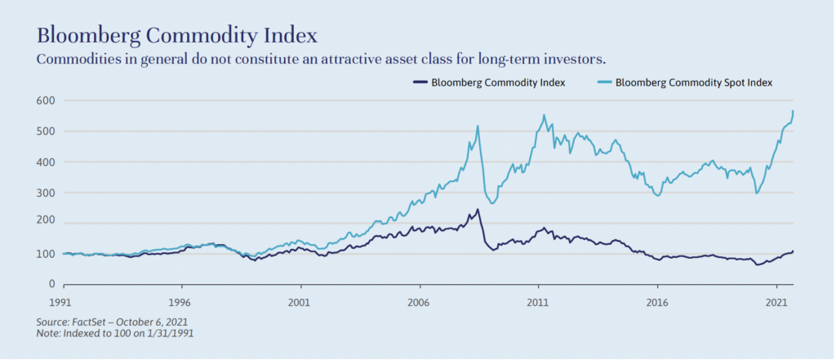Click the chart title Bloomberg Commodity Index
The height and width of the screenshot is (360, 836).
(176, 37)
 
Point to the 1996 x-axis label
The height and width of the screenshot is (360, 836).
(181, 300)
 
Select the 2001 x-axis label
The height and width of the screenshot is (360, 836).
(300, 300)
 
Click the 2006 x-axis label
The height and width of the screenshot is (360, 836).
(420, 300)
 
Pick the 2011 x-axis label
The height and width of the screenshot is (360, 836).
(538, 300)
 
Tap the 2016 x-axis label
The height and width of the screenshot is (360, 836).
(657, 300)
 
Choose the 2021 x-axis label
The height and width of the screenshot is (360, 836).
(776, 300)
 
